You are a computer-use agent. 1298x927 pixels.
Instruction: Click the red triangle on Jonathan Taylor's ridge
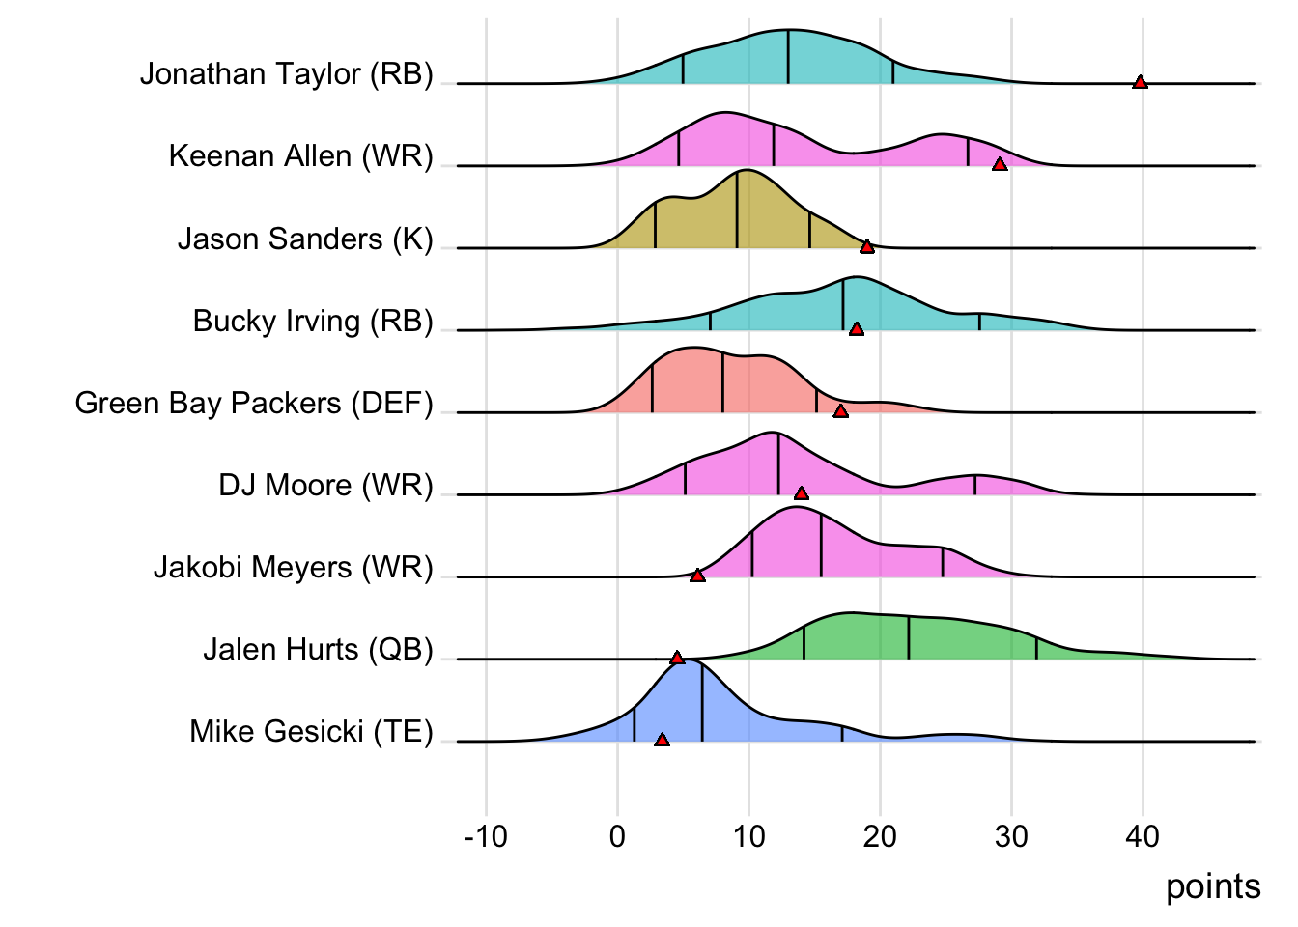click(x=1140, y=82)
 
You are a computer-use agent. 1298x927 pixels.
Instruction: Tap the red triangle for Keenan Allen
click(x=1000, y=164)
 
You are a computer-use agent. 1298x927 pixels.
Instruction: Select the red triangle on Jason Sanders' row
click(x=867, y=246)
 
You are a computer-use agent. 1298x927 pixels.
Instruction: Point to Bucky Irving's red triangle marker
click(x=856, y=329)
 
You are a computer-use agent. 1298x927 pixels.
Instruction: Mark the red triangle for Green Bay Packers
click(x=840, y=411)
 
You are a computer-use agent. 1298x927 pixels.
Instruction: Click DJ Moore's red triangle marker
click(x=801, y=493)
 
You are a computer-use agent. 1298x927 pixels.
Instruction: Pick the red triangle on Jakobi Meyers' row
click(x=697, y=576)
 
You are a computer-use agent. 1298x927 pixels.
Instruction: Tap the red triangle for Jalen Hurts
click(x=677, y=658)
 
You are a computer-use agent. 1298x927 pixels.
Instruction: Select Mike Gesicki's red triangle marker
click(x=662, y=740)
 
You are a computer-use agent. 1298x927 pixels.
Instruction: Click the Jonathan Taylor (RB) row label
click(x=287, y=74)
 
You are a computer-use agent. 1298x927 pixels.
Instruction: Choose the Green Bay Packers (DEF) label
click(x=254, y=403)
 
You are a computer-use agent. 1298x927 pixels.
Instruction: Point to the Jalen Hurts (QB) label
click(x=318, y=649)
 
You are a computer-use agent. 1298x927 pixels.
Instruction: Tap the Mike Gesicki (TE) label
click(x=311, y=731)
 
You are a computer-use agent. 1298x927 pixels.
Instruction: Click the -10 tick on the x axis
click(x=485, y=836)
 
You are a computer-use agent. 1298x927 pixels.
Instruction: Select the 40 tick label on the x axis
click(x=1143, y=836)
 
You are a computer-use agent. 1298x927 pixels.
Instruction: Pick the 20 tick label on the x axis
click(x=880, y=836)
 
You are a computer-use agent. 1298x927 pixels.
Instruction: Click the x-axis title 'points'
click(x=1213, y=886)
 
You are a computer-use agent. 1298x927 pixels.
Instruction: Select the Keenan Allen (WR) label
click(x=300, y=156)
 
